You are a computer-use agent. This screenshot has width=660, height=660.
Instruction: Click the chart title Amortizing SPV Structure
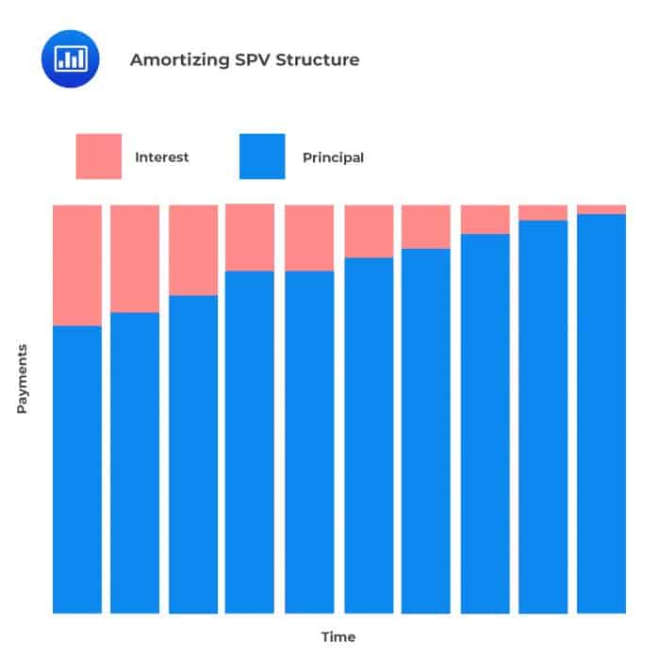243,59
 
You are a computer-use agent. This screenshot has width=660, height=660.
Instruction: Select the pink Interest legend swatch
98,157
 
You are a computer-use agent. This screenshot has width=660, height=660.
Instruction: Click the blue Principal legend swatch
262,157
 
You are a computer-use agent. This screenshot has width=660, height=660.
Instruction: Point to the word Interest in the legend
161,157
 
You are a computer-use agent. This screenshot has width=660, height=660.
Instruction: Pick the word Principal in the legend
333,157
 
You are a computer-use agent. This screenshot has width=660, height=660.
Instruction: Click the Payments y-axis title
22,378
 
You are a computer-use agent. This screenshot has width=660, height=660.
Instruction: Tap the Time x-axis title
338,637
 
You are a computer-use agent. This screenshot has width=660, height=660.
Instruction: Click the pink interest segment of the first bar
77,265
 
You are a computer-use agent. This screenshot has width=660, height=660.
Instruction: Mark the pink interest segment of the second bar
135,258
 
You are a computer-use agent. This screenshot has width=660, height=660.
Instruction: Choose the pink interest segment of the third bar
193,250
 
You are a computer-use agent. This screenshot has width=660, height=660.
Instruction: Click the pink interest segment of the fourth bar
250,238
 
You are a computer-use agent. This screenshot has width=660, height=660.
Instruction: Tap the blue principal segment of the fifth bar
309,442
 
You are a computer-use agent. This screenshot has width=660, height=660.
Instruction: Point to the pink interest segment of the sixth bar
369,231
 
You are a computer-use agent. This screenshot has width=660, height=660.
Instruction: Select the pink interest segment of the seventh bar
426,226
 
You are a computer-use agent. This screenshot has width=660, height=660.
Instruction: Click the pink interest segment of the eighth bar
486,219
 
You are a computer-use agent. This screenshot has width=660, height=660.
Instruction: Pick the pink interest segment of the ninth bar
543,212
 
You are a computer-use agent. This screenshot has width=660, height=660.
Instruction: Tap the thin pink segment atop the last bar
602,209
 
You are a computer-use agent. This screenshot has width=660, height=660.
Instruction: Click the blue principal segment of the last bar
602,414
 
